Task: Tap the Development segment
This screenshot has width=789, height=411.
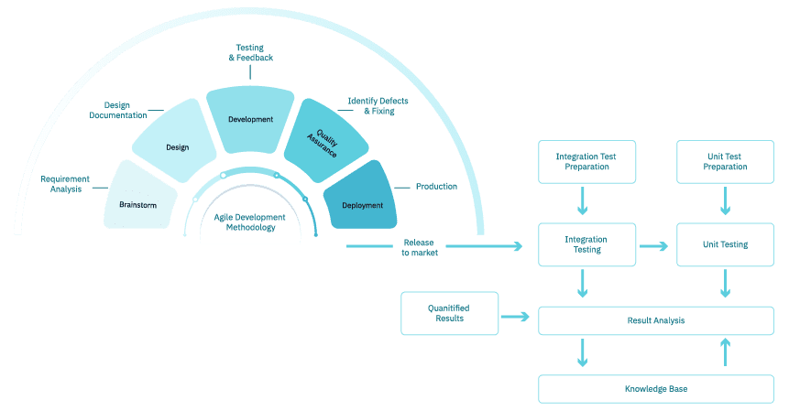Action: tap(250, 119)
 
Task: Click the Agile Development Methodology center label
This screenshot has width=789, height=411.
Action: tap(250, 222)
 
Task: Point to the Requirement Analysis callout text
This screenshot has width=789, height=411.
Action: tap(64, 183)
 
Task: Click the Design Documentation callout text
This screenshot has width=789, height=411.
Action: tap(118, 111)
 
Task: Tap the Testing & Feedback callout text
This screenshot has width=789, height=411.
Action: tap(250, 52)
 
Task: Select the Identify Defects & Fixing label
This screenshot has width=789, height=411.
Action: tap(378, 105)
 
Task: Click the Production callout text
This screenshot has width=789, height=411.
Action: tap(436, 187)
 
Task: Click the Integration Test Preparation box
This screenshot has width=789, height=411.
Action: tap(586, 162)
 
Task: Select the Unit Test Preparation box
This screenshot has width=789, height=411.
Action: tap(725, 162)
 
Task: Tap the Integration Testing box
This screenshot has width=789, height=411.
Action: tap(586, 245)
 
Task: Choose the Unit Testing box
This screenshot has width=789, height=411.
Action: tap(725, 245)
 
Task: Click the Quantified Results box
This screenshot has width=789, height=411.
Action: tap(449, 313)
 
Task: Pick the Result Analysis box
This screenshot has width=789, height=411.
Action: tap(655, 320)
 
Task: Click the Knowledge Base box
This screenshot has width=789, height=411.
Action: tap(655, 389)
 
